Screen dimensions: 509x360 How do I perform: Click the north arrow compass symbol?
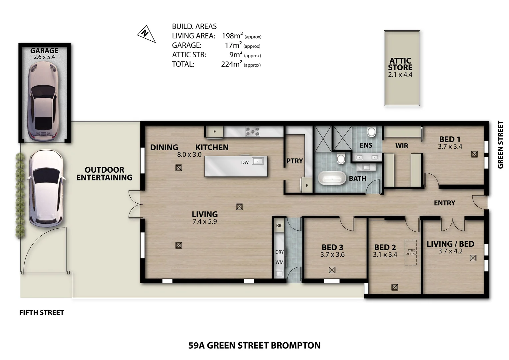tap(147, 34)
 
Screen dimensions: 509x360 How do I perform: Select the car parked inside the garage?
tap(43, 101)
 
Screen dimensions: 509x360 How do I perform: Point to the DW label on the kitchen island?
tap(245, 162)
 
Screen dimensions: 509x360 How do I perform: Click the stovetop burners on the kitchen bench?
tap(253, 131)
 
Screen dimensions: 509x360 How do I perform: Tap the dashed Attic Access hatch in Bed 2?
tap(411, 252)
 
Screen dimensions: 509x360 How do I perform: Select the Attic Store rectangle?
tap(402, 68)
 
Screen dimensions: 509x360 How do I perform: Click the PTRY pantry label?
tap(295, 161)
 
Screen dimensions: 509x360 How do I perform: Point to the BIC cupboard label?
tap(279, 225)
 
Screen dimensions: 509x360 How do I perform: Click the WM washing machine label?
tap(279, 262)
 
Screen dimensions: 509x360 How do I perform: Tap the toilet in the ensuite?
tap(371, 131)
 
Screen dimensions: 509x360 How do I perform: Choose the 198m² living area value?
tap(232, 36)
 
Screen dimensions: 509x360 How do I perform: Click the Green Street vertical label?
tap(500, 145)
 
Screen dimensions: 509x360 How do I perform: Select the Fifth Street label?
tap(42, 313)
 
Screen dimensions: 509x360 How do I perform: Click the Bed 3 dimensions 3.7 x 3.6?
tap(332, 254)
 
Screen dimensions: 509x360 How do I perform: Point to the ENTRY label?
tap(444, 203)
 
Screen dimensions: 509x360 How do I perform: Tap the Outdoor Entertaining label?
tap(104, 174)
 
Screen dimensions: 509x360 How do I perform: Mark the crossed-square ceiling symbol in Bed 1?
tap(474, 154)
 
